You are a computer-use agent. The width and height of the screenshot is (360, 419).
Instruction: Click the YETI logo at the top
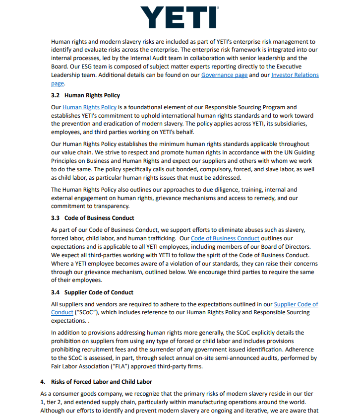(x=179, y=17)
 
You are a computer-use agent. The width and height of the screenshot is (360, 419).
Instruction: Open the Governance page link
(x=224, y=75)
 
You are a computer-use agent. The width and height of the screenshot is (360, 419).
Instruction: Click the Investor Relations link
(x=295, y=75)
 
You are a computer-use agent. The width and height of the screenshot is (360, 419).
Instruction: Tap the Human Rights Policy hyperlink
(x=90, y=107)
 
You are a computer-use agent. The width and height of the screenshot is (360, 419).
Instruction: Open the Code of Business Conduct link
(x=225, y=238)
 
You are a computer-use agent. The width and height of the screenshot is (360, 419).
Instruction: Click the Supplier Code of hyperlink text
(x=296, y=304)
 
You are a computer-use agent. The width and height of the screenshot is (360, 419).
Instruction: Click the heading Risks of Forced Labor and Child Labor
(x=102, y=382)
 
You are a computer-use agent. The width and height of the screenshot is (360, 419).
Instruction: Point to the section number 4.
(x=42, y=382)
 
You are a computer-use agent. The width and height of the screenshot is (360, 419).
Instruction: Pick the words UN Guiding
(x=297, y=152)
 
